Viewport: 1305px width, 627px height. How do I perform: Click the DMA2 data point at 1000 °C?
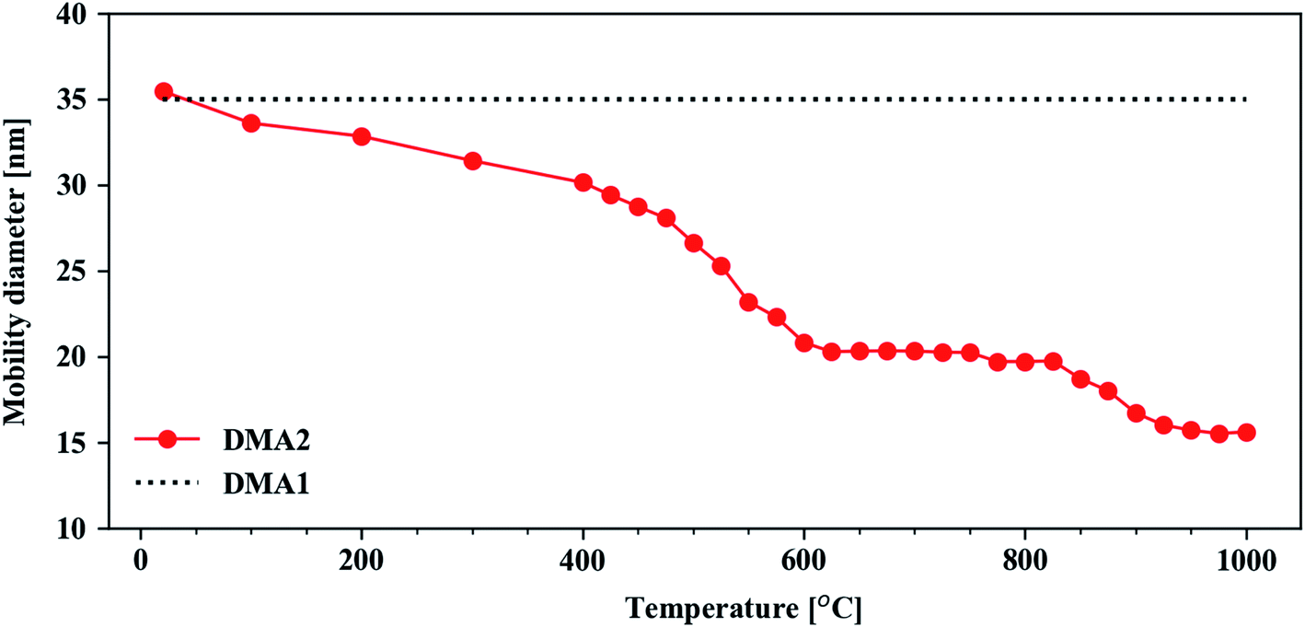tap(1246, 433)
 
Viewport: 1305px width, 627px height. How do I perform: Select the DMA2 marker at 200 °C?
tap(362, 137)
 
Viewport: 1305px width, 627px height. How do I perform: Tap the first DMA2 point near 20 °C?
tap(164, 91)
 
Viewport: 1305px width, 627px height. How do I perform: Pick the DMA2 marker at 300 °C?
tap(472, 161)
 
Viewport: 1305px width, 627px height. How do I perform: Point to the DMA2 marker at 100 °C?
tap(251, 123)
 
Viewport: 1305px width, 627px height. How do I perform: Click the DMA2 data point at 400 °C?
tap(583, 182)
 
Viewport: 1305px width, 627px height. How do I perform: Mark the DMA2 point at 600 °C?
tap(803, 343)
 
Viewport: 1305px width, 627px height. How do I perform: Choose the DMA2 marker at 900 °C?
tap(1136, 413)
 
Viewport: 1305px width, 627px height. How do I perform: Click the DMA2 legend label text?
tap(266, 441)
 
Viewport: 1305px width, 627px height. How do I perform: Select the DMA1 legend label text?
tap(266, 482)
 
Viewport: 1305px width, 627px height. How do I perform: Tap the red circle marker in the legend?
tap(167, 439)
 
